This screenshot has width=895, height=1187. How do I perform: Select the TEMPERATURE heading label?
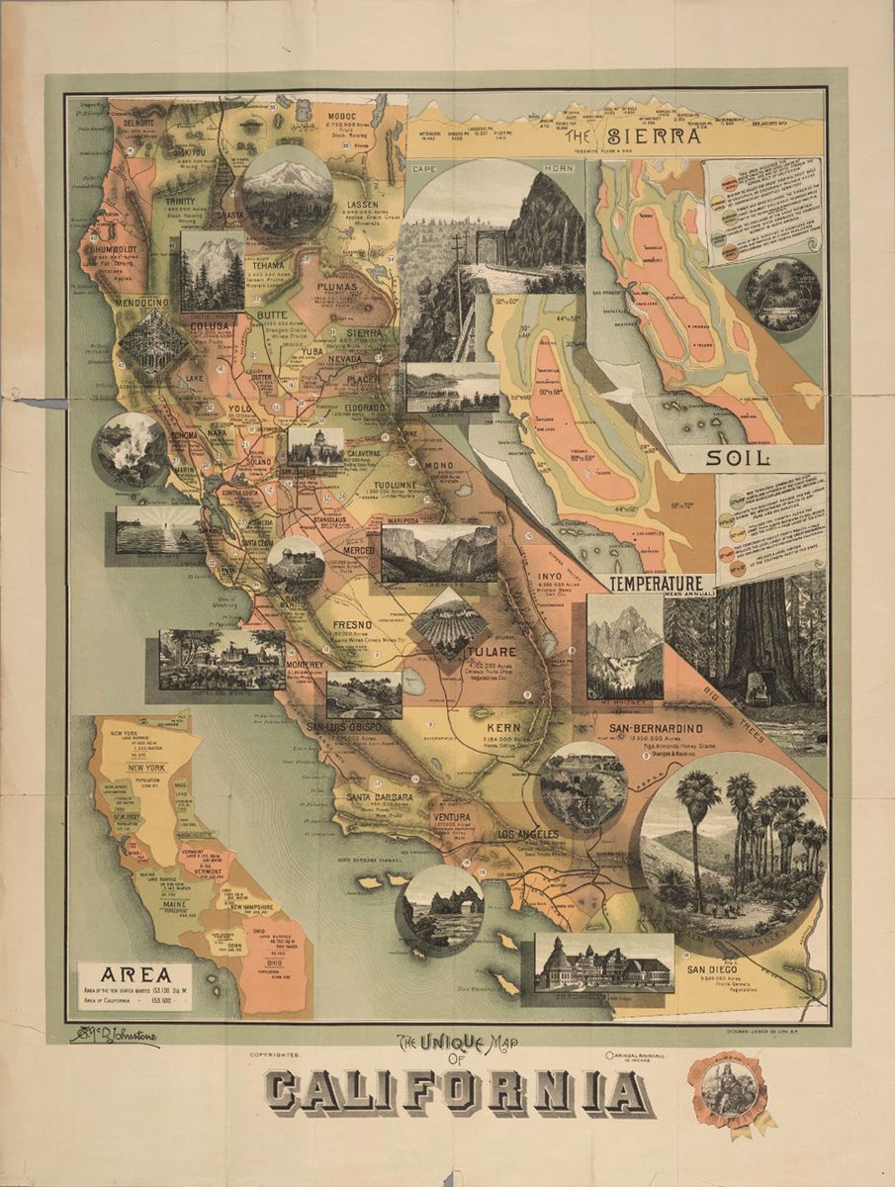662,584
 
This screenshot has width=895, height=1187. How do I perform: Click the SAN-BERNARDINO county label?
656,729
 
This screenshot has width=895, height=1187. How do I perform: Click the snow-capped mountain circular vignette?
287,191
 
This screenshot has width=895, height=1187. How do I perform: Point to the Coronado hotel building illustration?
603,961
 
